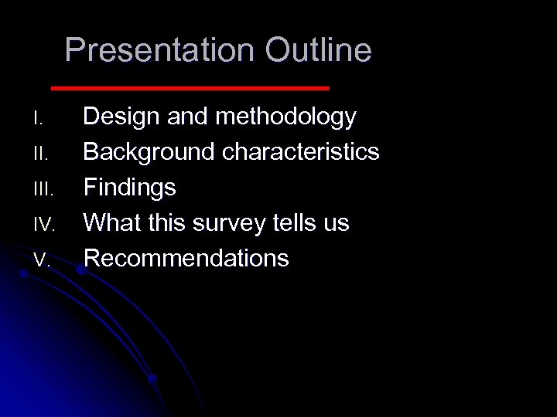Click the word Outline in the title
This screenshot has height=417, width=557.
[318, 51]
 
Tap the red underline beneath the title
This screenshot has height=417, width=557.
[190, 88]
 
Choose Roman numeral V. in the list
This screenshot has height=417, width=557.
[42, 261]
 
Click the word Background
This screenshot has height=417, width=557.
[149, 152]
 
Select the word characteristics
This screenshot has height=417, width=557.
[301, 152]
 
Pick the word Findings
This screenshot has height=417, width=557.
[129, 188]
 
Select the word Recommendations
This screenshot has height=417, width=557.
[186, 258]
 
